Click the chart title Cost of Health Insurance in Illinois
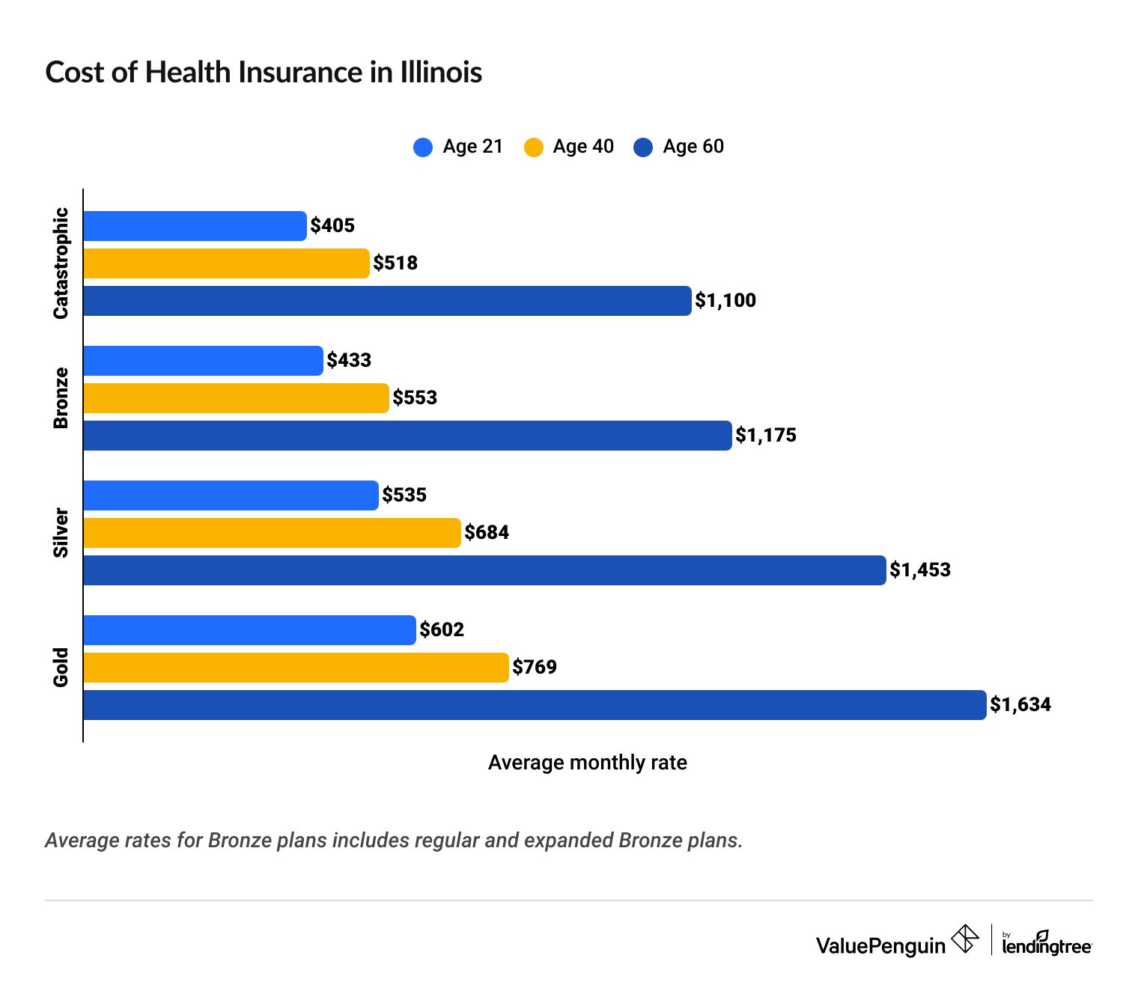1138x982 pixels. (264, 73)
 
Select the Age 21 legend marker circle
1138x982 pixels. (423, 147)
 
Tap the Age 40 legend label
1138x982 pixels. (582, 147)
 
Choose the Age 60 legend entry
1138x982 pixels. (679, 147)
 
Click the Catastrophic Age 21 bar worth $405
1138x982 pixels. (195, 226)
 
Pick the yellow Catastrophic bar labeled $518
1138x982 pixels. (226, 263)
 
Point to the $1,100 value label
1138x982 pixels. (725, 301)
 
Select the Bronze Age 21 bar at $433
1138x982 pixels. (203, 361)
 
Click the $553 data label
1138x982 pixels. (415, 397)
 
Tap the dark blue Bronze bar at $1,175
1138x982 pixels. (407, 436)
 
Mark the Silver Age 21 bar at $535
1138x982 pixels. (231, 495)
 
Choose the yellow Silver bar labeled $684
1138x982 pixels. (272, 533)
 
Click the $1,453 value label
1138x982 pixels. (919, 570)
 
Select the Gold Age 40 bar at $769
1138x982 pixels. (296, 668)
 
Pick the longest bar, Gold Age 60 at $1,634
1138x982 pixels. (535, 705)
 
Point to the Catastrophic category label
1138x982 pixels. (61, 263)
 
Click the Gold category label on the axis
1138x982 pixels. (61, 667)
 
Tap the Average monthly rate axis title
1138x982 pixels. (587, 763)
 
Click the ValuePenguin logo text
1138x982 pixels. (880, 946)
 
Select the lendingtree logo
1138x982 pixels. (1046, 945)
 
